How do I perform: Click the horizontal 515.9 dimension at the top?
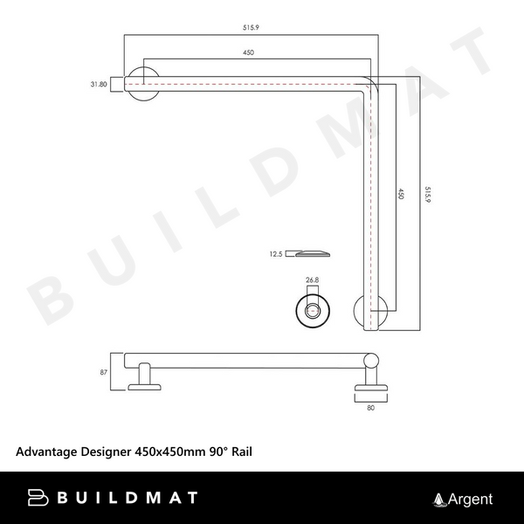tap(252, 28)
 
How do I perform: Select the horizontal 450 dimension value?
tap(248, 53)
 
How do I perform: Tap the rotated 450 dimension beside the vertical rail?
tap(401, 194)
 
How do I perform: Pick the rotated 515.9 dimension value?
tap(427, 194)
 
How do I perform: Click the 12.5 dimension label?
tap(276, 255)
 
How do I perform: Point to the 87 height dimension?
tap(105, 372)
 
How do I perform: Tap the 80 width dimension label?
tap(370, 406)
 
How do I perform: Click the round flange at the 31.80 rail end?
tap(141, 84)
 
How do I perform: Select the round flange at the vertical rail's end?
tap(370, 313)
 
